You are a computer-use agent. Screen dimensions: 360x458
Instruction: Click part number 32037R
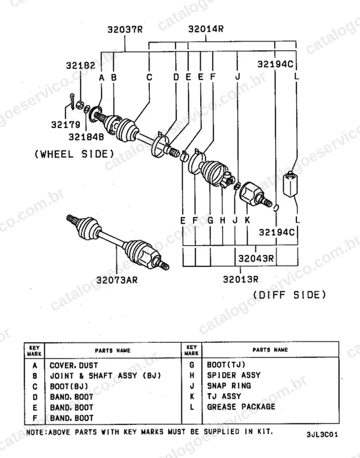(x=125, y=30)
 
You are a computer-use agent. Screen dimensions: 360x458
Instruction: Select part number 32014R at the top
(x=206, y=29)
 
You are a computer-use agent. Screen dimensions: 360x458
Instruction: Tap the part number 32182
(x=81, y=65)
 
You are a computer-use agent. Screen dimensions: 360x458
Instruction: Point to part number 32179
(x=66, y=125)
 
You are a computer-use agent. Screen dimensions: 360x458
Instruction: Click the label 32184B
(x=86, y=137)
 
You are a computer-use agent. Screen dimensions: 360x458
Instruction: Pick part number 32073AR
(x=117, y=280)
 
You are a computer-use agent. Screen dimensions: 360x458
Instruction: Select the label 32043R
(x=256, y=258)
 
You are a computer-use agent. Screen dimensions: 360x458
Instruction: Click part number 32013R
(x=241, y=279)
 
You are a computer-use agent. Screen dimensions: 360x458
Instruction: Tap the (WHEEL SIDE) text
(x=74, y=154)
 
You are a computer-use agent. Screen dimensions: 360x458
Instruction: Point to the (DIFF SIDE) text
(x=289, y=295)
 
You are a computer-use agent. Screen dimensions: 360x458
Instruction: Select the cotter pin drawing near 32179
(x=72, y=102)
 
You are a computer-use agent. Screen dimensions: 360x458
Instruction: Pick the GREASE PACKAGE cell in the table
(x=241, y=406)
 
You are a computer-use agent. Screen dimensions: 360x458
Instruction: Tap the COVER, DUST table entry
(x=74, y=365)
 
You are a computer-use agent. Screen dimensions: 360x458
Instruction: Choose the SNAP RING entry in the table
(x=229, y=385)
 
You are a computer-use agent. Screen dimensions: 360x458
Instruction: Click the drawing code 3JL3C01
(x=322, y=434)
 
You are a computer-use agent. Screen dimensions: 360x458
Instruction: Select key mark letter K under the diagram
(x=247, y=220)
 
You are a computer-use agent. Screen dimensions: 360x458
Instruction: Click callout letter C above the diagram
(x=149, y=77)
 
